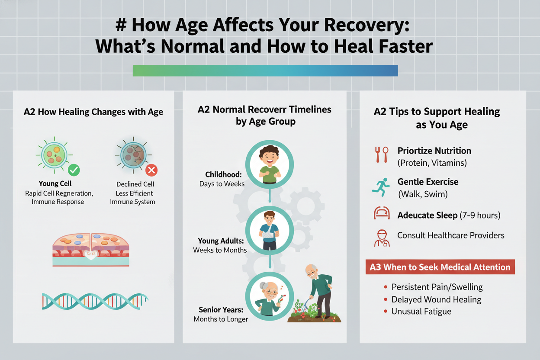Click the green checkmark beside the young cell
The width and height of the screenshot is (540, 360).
[x=74, y=170]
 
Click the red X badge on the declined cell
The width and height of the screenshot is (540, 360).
[x=151, y=170]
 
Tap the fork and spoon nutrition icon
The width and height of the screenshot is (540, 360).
[x=382, y=154]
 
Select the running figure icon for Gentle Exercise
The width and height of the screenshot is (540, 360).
[x=381, y=187]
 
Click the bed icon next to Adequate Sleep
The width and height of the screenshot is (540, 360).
[x=382, y=213]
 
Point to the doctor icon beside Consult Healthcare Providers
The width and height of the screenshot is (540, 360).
[x=382, y=238]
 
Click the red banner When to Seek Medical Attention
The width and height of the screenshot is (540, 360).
[x=440, y=267]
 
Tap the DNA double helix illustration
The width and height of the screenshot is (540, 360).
[x=95, y=301]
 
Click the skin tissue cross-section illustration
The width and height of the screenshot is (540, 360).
[x=91, y=250]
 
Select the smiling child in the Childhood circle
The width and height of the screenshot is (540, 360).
[x=270, y=164]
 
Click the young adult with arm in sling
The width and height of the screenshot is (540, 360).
[x=269, y=231]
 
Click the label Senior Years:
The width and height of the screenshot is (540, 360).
[x=221, y=310]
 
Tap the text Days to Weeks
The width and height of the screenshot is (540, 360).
[x=222, y=184]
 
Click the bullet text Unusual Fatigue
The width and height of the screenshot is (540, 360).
[x=421, y=311]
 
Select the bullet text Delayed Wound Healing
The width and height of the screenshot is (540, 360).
[x=436, y=299]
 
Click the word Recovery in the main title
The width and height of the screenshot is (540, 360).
[x=366, y=25]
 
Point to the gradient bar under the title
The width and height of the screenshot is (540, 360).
[x=265, y=71]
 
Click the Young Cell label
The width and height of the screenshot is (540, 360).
[x=55, y=183]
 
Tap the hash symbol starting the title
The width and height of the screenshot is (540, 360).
[x=121, y=25]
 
